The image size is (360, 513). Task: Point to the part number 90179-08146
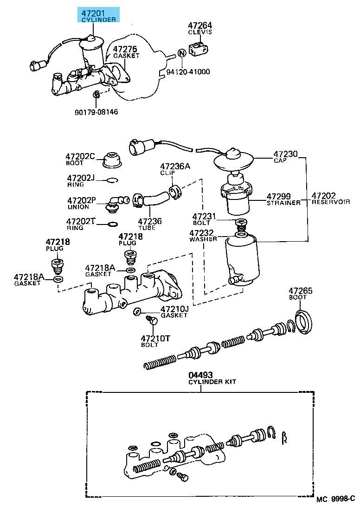pyautogui.click(x=96, y=112)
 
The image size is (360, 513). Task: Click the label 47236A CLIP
pyautogui.click(x=175, y=168)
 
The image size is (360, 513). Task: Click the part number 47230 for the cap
pyautogui.click(x=285, y=154)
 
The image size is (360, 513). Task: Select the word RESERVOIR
pyautogui.click(x=331, y=202)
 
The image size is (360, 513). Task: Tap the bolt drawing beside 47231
pyautogui.click(x=240, y=225)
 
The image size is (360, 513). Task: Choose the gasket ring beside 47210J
pyautogui.click(x=137, y=311)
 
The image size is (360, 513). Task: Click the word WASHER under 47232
pyautogui.click(x=203, y=239)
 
